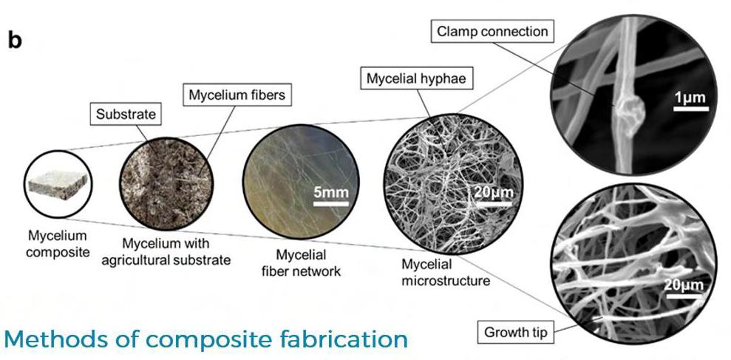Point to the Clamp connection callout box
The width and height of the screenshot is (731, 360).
click(492, 32)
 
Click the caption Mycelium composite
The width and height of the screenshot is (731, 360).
click(52, 243)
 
